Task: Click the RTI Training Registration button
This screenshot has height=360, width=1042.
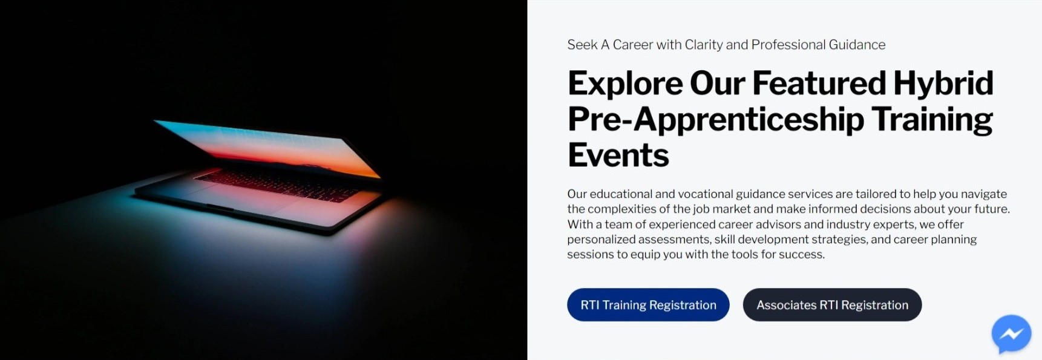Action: (x=648, y=305)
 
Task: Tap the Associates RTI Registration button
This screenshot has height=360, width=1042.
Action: (x=832, y=305)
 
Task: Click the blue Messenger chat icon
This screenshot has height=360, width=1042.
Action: (x=1011, y=333)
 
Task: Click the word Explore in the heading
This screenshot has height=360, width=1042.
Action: (x=625, y=83)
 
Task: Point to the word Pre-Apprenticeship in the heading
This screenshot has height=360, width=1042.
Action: (x=716, y=119)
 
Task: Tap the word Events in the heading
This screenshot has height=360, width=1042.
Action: (x=618, y=155)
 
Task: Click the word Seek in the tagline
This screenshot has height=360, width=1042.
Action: (x=582, y=45)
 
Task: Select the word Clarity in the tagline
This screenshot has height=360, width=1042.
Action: (x=704, y=45)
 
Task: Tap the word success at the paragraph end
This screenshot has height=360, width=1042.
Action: (x=804, y=255)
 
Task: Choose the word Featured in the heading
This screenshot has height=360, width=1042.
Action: (x=819, y=83)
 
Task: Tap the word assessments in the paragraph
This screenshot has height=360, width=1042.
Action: (x=673, y=240)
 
